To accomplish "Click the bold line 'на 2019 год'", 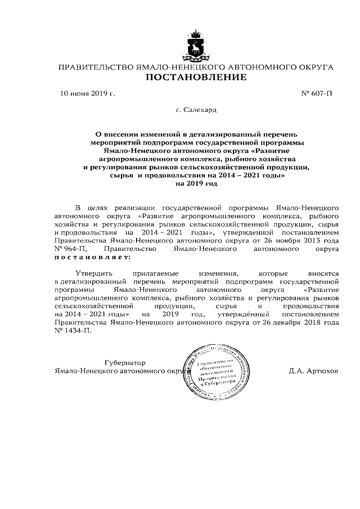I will pos(196,183).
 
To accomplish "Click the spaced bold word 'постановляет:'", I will pos(92,256).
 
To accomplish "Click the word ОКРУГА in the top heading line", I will pos(312,67).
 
